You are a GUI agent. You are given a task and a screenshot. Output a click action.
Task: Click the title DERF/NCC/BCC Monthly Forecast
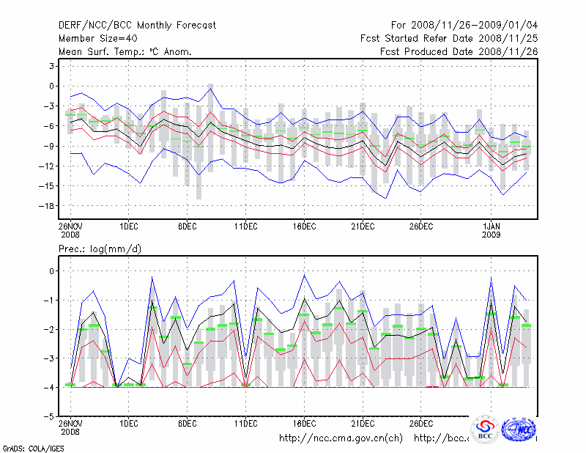click(137, 25)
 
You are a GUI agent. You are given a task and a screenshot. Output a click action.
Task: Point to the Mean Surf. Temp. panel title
click(125, 51)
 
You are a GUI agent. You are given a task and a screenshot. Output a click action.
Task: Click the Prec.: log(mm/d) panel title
click(100, 249)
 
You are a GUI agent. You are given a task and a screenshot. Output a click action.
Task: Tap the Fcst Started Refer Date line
click(448, 38)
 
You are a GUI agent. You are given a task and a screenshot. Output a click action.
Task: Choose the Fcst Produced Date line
click(458, 51)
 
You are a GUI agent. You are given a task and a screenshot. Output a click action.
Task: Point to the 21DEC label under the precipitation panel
click(363, 423)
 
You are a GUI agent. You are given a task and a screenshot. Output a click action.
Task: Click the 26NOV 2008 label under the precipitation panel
click(70, 427)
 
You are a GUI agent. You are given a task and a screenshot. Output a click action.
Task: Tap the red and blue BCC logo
click(485, 430)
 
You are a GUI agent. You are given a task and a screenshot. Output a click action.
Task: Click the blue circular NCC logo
click(522, 429)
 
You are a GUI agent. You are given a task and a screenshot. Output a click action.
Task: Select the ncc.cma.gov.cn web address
click(341, 438)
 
